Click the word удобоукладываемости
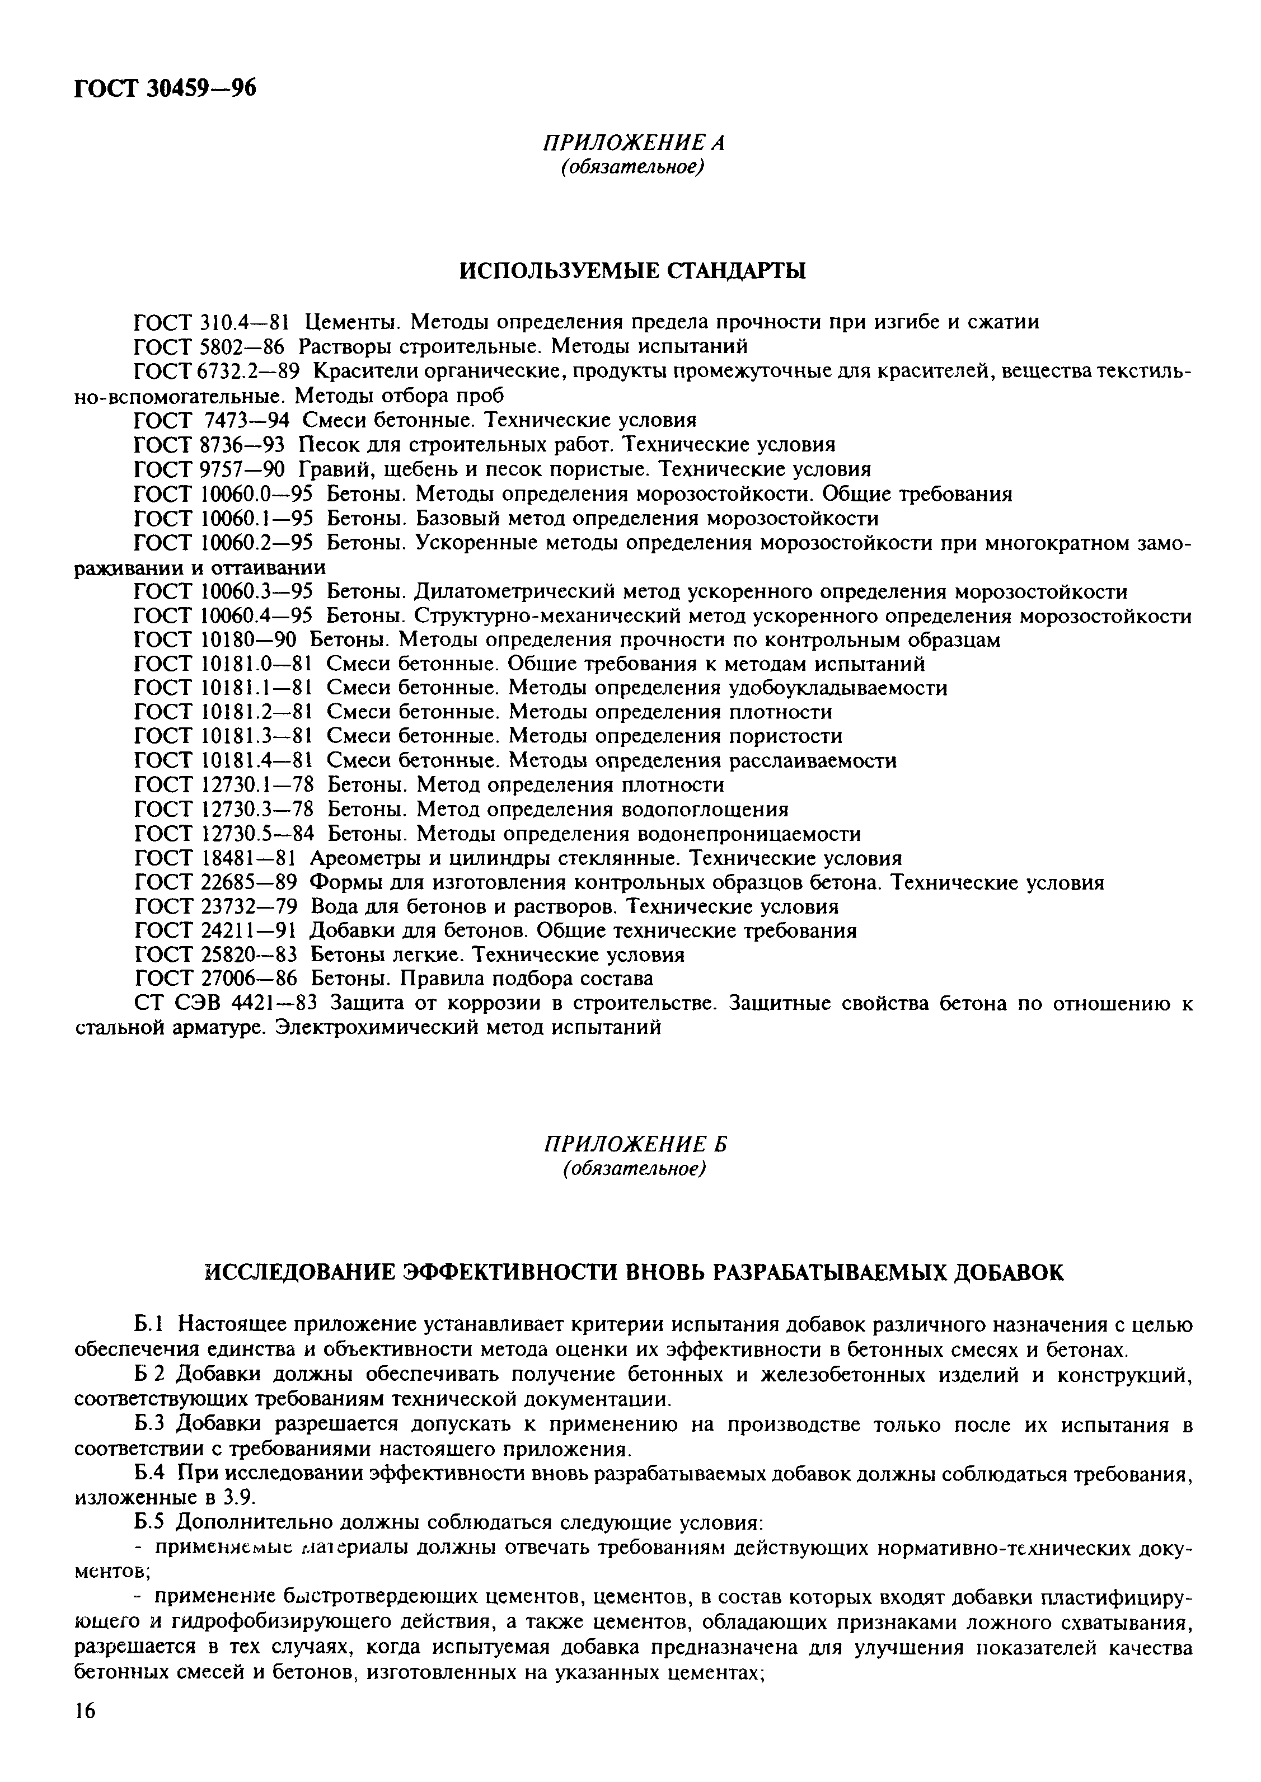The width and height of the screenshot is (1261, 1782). pyautogui.click(x=838, y=688)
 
